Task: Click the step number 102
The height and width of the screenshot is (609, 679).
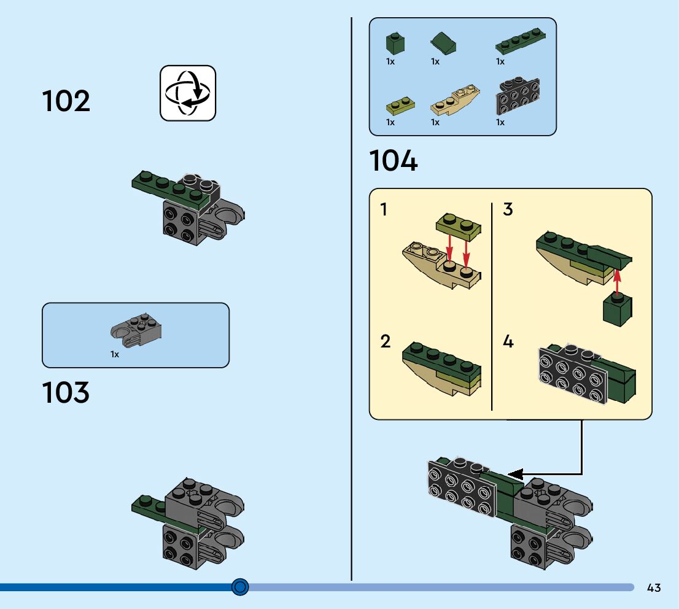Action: pyautogui.click(x=66, y=101)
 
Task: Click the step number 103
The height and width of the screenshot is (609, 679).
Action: pyautogui.click(x=66, y=393)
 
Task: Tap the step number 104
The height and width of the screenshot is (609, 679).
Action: pyautogui.click(x=394, y=161)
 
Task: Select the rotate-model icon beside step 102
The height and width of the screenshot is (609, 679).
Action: pyautogui.click(x=188, y=93)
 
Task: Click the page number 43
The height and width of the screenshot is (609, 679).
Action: pyautogui.click(x=654, y=588)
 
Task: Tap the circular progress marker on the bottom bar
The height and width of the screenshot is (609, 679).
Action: pyautogui.click(x=240, y=587)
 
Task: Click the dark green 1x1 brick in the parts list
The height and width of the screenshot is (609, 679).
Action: pyautogui.click(x=395, y=42)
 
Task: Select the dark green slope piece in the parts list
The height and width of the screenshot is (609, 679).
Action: pyautogui.click(x=444, y=44)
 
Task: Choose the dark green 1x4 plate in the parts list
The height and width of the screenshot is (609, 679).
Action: pyautogui.click(x=522, y=41)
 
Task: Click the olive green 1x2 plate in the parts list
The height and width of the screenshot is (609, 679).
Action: pyautogui.click(x=400, y=106)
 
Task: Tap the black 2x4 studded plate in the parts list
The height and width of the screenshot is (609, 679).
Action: pyautogui.click(x=518, y=97)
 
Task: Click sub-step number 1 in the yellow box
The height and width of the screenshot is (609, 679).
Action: pyautogui.click(x=384, y=210)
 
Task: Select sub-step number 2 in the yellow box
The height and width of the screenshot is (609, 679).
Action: pyautogui.click(x=385, y=341)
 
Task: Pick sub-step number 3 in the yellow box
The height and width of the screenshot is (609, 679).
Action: pyautogui.click(x=508, y=210)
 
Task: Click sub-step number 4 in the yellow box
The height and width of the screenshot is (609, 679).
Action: pyautogui.click(x=508, y=341)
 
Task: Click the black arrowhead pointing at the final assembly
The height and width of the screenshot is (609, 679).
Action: pyautogui.click(x=514, y=474)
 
